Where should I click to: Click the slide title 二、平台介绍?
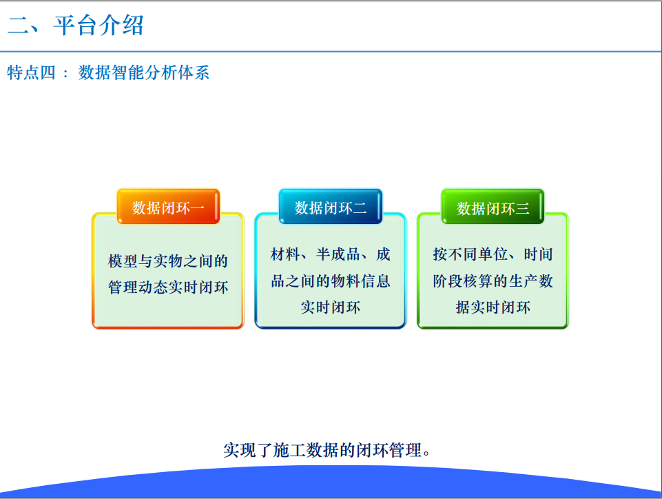coord(76,26)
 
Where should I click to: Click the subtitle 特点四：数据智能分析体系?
coord(108,72)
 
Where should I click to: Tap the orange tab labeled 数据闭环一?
coord(168,207)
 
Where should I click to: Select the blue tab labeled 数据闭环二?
coord(331,207)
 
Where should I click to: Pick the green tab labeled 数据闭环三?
coord(493,207)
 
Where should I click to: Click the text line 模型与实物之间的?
coord(168,261)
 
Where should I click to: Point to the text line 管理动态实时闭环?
coord(168,287)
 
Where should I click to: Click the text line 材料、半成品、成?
coord(331,254)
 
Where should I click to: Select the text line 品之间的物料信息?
coord(331,281)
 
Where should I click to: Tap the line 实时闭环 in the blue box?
coord(331,307)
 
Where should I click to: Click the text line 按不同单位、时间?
coord(493,254)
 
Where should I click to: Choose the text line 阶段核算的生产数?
coord(493,281)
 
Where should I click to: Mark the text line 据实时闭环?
coord(493,307)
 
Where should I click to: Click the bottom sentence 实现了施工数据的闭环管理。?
coord(327,450)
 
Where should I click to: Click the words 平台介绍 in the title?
coord(99,26)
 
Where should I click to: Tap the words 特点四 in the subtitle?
coord(31,72)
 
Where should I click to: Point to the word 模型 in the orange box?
coord(123,261)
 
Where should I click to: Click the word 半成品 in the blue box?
coord(339,254)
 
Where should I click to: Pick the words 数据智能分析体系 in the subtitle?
coord(143,72)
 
